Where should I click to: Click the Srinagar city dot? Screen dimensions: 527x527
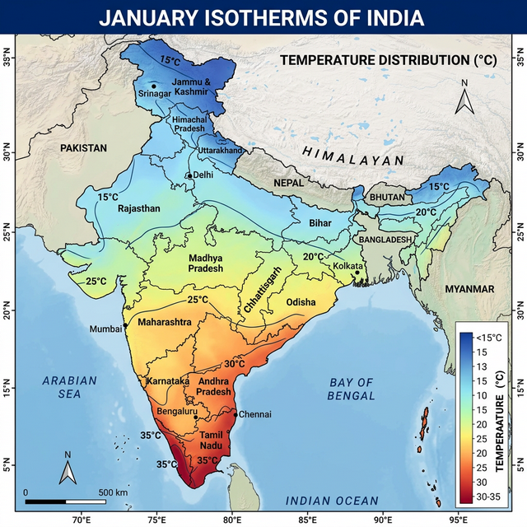point(153,86)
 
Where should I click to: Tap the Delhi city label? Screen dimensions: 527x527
point(203,175)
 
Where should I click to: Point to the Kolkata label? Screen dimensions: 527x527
point(347,266)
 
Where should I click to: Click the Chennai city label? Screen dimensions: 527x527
point(254,414)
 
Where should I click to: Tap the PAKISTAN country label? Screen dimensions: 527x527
point(83,148)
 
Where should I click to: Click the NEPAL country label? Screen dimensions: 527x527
point(288,182)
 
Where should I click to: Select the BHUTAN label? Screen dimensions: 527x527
point(387,198)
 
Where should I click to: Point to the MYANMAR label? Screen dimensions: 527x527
point(469,289)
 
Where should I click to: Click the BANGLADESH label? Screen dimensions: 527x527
point(385,239)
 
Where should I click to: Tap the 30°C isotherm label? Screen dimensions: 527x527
point(235,363)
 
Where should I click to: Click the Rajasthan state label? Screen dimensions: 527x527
point(139,209)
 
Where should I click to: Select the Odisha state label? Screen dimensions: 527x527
point(301,302)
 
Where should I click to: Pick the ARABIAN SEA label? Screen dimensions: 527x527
point(70,387)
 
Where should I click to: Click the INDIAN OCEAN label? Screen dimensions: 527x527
point(332,501)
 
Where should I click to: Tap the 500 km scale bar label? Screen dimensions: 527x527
point(113,492)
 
